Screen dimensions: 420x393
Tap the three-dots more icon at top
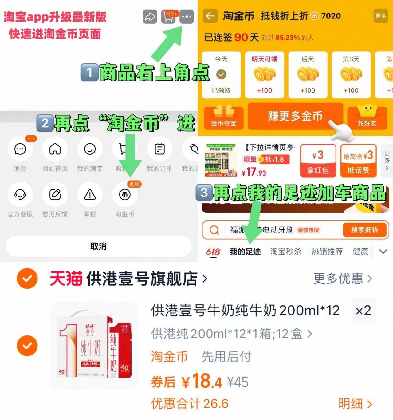click(x=187, y=17)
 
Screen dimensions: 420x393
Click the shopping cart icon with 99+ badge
click(x=168, y=17)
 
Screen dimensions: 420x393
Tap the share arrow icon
click(x=150, y=17)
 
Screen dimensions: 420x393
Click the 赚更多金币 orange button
click(x=295, y=116)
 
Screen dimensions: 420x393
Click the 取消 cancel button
click(x=98, y=246)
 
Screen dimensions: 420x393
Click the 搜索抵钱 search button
click(x=364, y=230)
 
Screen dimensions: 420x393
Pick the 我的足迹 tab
click(x=245, y=252)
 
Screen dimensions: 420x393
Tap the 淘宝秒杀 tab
click(x=286, y=252)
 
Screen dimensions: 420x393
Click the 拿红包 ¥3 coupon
click(x=318, y=161)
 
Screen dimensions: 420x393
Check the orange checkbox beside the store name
click(x=27, y=279)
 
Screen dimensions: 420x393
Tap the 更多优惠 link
click(x=343, y=279)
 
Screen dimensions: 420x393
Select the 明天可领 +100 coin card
click(x=265, y=75)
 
